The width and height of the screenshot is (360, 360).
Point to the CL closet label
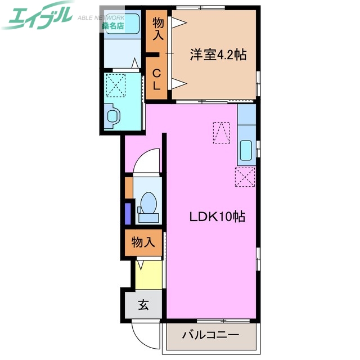pos(157,78)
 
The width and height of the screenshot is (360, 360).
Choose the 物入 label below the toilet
pos(143,243)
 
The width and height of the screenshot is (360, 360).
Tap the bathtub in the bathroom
pos(121,25)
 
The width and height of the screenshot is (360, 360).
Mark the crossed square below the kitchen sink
pos(246,177)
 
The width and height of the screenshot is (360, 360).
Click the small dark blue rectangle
pos(128,213)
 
